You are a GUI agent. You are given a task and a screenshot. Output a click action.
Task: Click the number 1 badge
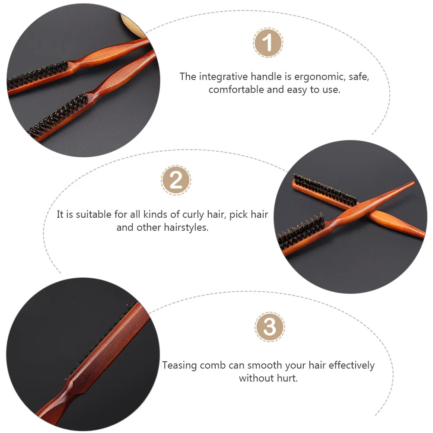[x=268, y=43]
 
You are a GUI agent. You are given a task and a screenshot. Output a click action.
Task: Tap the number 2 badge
[x=176, y=180]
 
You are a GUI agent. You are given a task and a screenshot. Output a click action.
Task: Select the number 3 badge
[x=270, y=327]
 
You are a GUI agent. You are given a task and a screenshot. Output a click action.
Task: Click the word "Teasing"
[x=179, y=365]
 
